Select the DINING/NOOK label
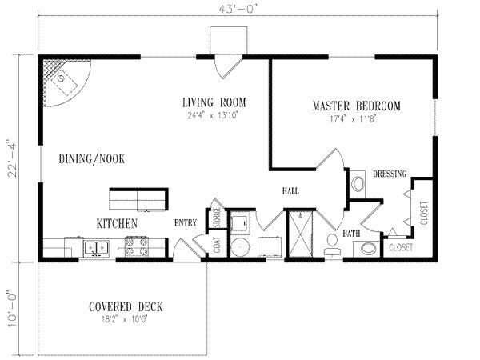click(92, 158)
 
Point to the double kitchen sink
click(98, 248)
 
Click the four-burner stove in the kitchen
click(138, 248)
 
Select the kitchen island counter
click(138, 197)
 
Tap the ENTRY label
click(186, 224)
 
